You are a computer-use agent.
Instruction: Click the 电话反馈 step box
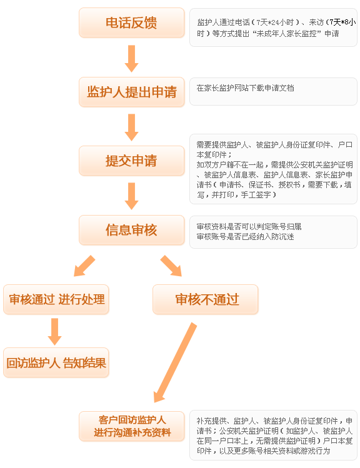coord(131,22)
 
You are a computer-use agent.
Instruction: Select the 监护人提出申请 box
coord(131,92)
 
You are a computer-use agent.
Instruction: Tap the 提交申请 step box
coord(131,161)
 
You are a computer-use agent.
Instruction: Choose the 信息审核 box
coord(131,230)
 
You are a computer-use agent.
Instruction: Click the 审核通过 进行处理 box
coord(56,299)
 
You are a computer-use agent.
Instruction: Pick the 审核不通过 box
coord(206,299)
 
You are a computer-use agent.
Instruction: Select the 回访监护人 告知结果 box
coord(56,362)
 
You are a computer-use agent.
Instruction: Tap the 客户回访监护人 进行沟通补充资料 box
coord(131,426)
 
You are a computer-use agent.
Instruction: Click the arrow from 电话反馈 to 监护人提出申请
coord(131,59)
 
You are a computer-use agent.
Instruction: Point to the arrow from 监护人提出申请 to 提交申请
coord(131,127)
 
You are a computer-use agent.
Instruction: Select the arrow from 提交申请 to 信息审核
coord(131,196)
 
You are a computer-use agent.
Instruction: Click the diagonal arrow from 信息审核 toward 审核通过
coord(84,266)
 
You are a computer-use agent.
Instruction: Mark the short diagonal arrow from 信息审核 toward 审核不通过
coord(171,266)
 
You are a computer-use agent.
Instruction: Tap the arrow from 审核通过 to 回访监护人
coord(54,332)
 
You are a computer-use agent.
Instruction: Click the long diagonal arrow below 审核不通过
coord(175,362)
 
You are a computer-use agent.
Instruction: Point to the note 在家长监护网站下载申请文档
coord(246,88)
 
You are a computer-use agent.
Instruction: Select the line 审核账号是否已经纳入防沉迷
coord(246,237)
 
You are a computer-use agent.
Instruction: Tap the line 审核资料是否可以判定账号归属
coord(249,227)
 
